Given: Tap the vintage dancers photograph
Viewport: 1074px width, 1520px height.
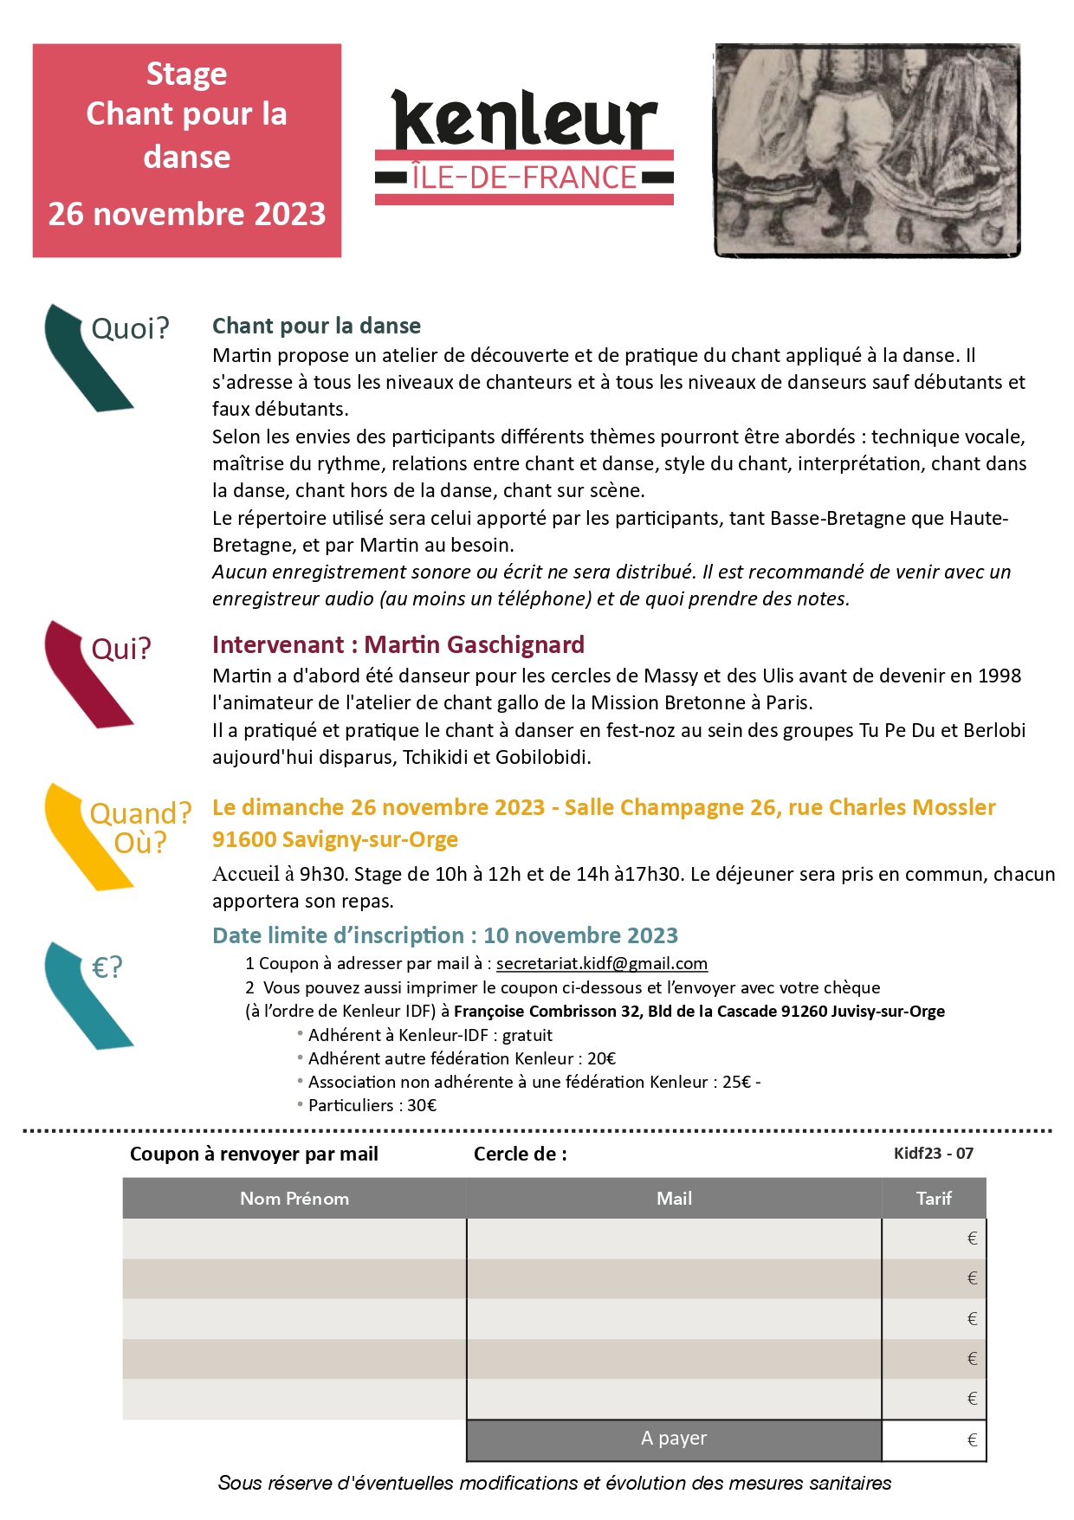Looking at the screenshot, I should click(x=867, y=151).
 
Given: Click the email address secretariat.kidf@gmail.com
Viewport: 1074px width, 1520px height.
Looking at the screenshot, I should click(x=602, y=963).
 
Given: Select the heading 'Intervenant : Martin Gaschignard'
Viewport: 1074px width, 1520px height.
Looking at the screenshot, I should click(x=398, y=644).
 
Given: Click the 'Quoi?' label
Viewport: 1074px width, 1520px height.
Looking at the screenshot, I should click(x=131, y=328).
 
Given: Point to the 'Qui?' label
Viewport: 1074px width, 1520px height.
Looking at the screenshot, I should click(x=121, y=648).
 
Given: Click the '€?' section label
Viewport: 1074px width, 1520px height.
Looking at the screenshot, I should click(x=107, y=967).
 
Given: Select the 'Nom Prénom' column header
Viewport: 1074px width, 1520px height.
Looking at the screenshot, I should click(x=294, y=1199).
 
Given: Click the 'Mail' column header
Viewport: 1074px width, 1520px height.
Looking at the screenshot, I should click(x=674, y=1199).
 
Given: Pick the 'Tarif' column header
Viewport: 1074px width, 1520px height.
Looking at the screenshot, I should click(x=934, y=1199).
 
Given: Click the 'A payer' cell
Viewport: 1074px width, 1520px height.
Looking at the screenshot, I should click(x=674, y=1439).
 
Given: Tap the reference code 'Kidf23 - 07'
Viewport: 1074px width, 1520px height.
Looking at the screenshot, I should click(x=934, y=1154).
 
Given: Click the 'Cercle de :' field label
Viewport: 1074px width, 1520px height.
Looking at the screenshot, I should click(x=520, y=1154).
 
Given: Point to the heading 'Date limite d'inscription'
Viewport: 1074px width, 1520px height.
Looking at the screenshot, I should click(x=445, y=935).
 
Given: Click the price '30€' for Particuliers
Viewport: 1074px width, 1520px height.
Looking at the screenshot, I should click(x=422, y=1105).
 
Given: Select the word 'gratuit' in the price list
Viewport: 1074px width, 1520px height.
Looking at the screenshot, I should click(x=527, y=1035).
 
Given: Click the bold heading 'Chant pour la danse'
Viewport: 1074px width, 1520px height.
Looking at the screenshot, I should click(x=316, y=326).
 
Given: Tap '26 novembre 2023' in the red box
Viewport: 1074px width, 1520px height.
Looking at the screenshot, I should click(x=187, y=214).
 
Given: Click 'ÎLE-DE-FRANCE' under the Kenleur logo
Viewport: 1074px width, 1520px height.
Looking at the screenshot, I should click(x=524, y=178).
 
